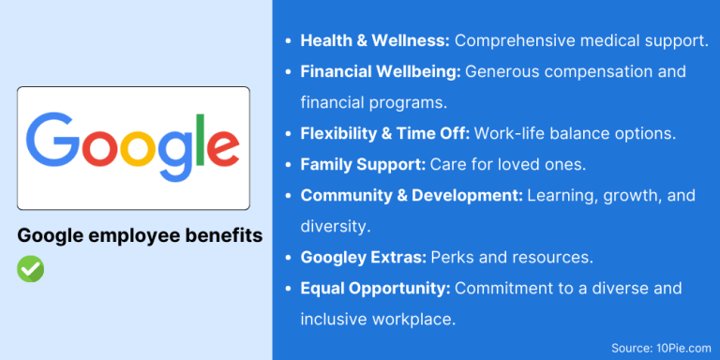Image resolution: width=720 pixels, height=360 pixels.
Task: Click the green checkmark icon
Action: click(x=31, y=269)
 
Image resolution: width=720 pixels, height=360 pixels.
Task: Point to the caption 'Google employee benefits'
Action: click(x=140, y=236)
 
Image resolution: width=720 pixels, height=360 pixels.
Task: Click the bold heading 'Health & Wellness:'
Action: click(x=375, y=41)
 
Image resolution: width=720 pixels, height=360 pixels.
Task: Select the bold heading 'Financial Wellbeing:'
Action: click(x=381, y=71)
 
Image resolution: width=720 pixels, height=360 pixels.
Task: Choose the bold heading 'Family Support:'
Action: click(x=363, y=164)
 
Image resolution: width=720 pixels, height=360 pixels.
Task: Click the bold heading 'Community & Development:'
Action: click(x=411, y=195)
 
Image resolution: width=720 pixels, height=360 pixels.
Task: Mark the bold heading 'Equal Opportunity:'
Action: click(x=375, y=288)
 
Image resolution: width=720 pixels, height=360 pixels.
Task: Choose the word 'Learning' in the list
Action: click(x=561, y=195)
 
